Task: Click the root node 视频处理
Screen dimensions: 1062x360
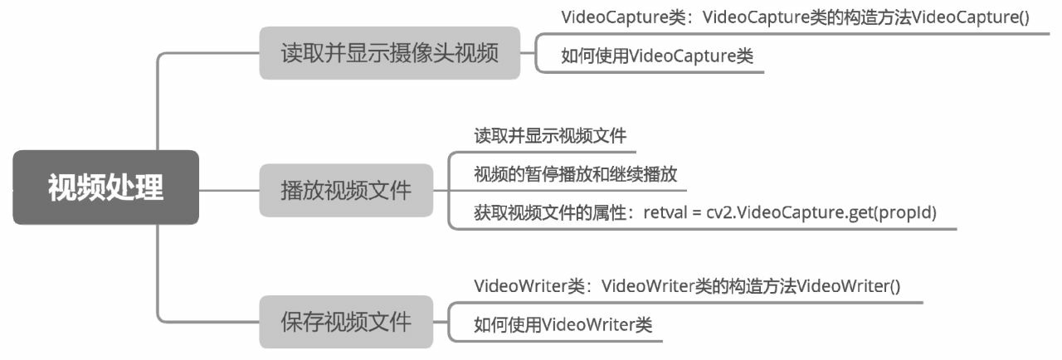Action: [105, 187]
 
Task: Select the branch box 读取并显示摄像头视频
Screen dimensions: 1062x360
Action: [389, 54]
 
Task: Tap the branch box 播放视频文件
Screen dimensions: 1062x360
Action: [346, 190]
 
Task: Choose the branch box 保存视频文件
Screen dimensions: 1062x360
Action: [346, 321]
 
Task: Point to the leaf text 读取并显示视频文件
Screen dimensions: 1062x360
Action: [550, 135]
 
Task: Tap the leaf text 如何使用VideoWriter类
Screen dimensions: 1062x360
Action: [563, 324]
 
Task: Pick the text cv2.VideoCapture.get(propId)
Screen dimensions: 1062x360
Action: [821, 212]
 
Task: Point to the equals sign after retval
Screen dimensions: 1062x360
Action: [696, 213]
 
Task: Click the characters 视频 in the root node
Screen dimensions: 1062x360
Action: [67, 187]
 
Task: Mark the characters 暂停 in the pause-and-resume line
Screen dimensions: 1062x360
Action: [546, 174]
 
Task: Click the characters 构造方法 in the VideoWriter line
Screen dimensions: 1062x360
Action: [761, 286]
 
